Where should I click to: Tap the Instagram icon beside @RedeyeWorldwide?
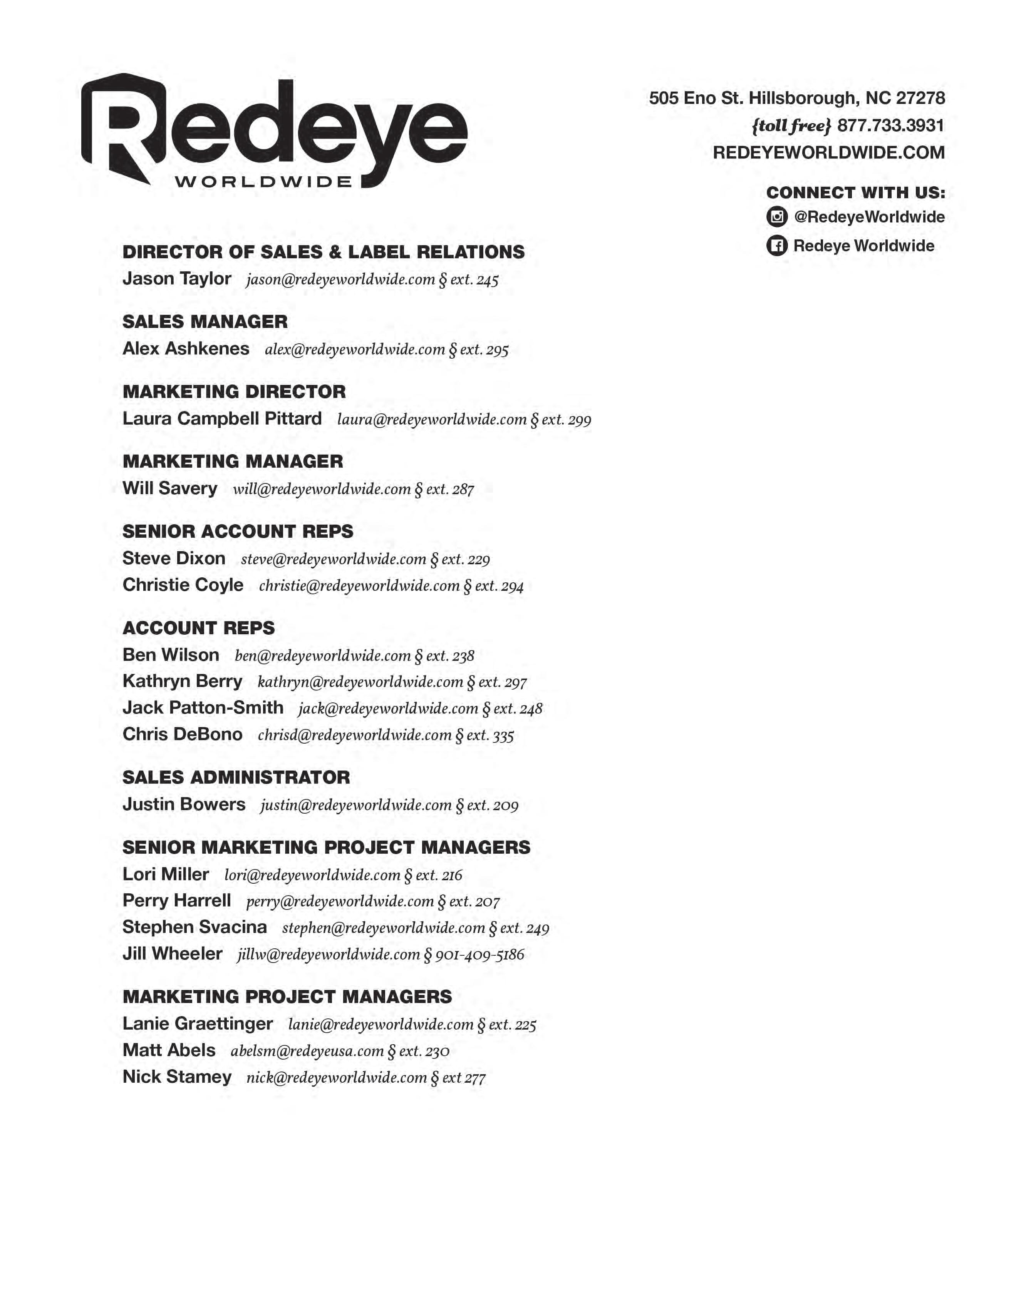point(777,217)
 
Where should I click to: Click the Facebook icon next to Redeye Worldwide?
point(777,246)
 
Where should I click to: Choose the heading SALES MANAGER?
point(205,322)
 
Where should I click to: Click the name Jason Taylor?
point(177,279)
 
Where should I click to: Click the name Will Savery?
point(170,488)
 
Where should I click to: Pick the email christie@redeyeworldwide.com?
point(359,586)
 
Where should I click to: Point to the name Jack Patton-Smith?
point(203,708)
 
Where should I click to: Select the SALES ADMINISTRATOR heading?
point(236,777)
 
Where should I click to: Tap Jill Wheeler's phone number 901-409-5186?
point(479,955)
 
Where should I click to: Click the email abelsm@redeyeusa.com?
point(307,1051)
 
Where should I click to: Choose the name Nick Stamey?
point(177,1077)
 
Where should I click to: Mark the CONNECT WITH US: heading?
point(855,193)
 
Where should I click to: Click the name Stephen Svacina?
point(194,928)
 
